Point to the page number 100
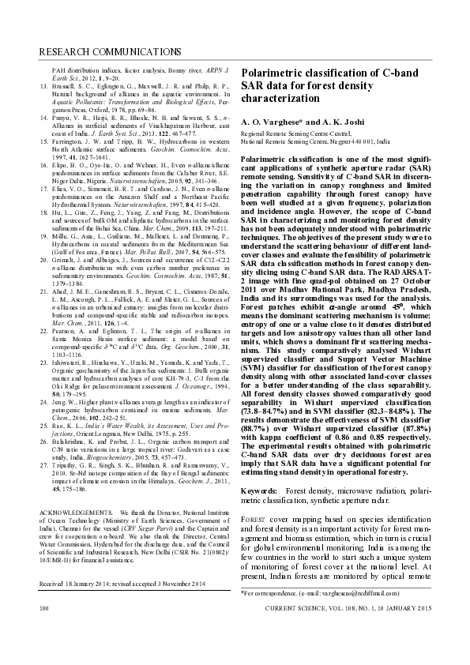pos(44,632)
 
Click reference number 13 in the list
pos(43,84)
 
